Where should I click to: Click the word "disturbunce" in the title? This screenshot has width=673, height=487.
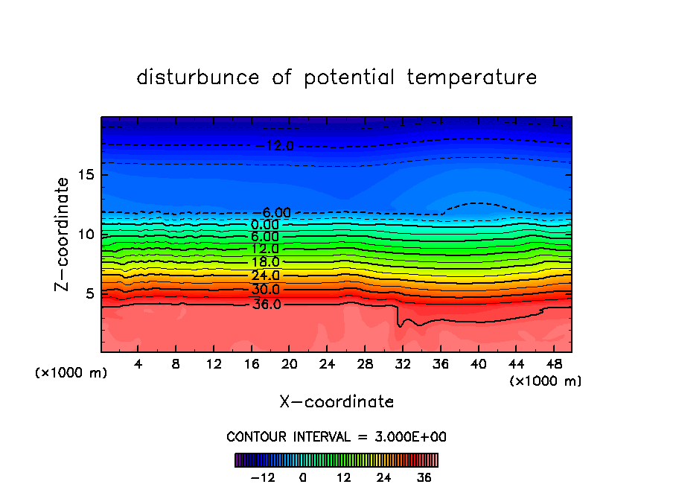click(x=198, y=77)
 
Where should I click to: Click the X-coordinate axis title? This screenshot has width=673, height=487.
click(x=336, y=402)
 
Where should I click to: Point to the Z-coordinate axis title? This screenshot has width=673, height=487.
click(x=63, y=234)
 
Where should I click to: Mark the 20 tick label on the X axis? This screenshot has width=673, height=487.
click(x=290, y=365)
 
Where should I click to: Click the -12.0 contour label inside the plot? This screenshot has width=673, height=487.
click(x=275, y=146)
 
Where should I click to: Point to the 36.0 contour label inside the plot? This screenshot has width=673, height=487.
click(x=267, y=304)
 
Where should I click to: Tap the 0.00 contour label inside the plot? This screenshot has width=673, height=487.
click(x=265, y=225)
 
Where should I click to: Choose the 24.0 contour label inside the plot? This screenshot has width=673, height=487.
click(x=265, y=276)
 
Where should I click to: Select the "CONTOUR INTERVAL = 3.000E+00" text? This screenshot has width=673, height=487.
click(x=336, y=436)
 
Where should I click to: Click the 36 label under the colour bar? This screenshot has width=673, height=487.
click(x=424, y=477)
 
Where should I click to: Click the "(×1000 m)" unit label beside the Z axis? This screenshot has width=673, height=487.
click(x=71, y=373)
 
